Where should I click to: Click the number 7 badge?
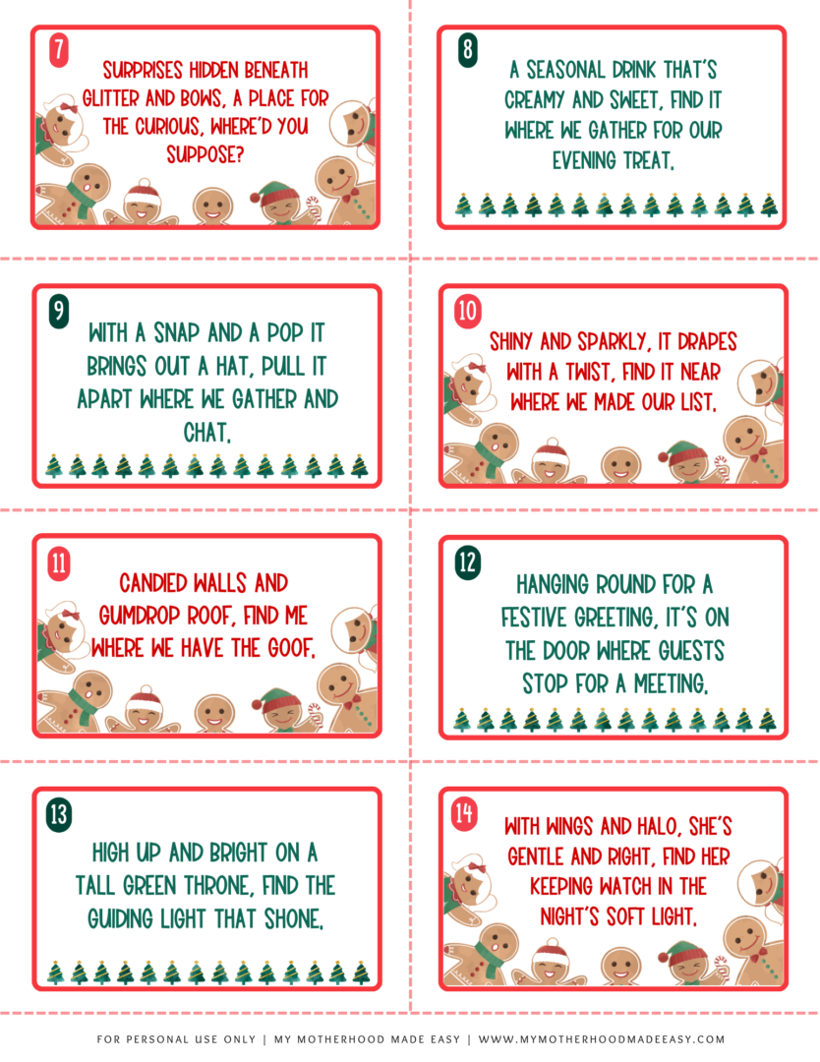click(x=59, y=49)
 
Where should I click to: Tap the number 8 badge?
click(x=468, y=49)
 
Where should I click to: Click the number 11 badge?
click(x=59, y=561)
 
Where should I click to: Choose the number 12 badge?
click(x=468, y=561)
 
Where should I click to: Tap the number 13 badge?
click(x=59, y=814)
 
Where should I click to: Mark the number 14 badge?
click(x=464, y=814)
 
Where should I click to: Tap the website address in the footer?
click(x=602, y=1039)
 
